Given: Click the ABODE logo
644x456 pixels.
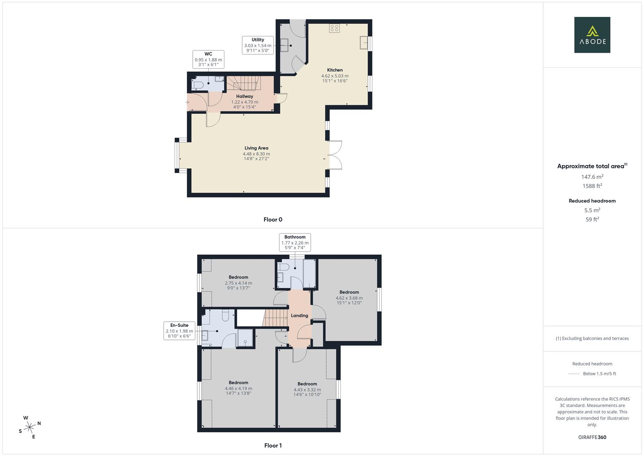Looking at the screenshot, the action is [x=592, y=35].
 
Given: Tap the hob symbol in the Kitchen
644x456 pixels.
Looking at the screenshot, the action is [x=334, y=28].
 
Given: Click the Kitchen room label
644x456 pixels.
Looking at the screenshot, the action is [x=334, y=70].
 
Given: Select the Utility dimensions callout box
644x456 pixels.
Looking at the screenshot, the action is [x=258, y=45].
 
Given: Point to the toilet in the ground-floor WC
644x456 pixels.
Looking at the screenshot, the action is [x=197, y=85].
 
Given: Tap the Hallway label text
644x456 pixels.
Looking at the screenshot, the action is [x=245, y=96].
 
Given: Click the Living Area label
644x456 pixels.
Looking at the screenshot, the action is [x=256, y=148].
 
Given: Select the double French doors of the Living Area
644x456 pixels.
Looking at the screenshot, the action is [x=335, y=155].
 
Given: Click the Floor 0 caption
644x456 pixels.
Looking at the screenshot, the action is [x=273, y=220].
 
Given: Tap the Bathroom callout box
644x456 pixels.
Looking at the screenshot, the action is [x=295, y=242].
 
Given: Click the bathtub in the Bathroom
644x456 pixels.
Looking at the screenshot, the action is [x=310, y=273].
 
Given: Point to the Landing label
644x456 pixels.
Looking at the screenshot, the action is [x=299, y=315].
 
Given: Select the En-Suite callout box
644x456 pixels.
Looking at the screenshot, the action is [x=179, y=331].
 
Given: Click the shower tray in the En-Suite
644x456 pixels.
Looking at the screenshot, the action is [x=245, y=338].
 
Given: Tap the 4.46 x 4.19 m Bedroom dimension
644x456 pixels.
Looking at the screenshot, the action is [x=238, y=388].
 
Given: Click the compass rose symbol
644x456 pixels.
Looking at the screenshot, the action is [x=30, y=427].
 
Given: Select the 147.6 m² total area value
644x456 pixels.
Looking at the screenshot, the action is [x=592, y=177].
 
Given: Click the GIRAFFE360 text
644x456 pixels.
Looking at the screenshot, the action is [x=592, y=437].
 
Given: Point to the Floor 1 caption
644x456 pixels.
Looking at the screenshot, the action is [x=273, y=445].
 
